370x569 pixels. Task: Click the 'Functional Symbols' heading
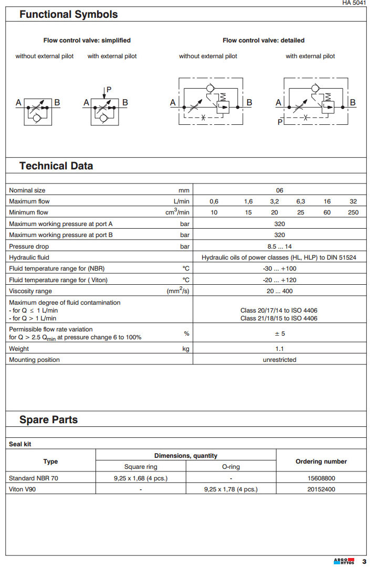tap(68, 15)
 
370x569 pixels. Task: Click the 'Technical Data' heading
tap(56, 166)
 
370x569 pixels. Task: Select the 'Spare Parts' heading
tap(48, 420)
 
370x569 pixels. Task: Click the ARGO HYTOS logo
tap(344, 562)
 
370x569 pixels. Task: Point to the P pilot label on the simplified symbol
tap(109, 89)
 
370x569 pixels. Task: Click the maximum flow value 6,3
tap(301, 201)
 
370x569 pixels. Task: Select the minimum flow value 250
tap(353, 212)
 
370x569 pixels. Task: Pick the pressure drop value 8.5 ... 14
tap(280, 246)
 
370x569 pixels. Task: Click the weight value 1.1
tap(280, 349)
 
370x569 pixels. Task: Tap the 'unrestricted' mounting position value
tap(280, 360)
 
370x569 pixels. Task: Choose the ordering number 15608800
tap(322, 478)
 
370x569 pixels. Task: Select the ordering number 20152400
tap(322, 489)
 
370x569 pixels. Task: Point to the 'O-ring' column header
tap(231, 467)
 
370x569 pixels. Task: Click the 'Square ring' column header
tap(141, 467)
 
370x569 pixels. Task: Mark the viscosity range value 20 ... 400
tap(280, 291)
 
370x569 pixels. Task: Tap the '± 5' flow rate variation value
tap(280, 334)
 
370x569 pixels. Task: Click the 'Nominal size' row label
tap(27, 190)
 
